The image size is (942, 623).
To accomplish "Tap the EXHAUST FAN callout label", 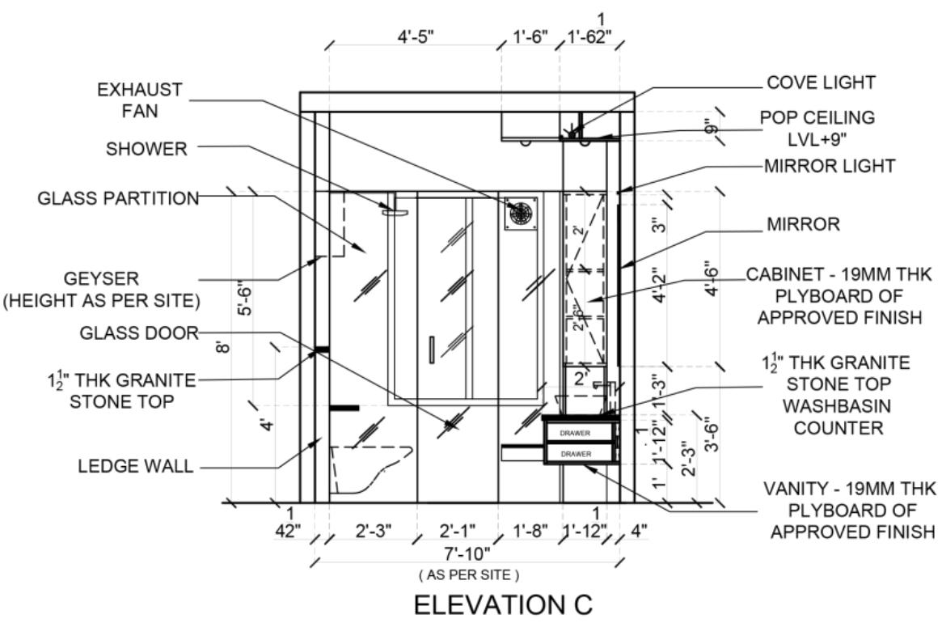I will [x=139, y=100].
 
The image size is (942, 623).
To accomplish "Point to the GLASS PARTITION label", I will [x=118, y=198].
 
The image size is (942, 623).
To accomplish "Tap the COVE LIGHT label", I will [x=821, y=82].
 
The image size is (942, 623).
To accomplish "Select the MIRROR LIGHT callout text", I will [x=829, y=166].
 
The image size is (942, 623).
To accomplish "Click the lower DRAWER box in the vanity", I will [x=575, y=455].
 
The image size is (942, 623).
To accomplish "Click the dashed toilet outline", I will [x=368, y=469].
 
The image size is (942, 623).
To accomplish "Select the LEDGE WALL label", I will [x=135, y=466].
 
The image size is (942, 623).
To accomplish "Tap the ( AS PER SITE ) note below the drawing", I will [x=467, y=574].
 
